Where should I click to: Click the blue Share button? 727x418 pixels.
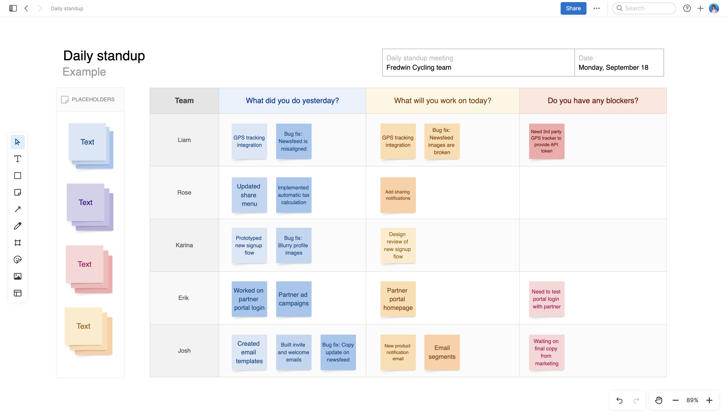tap(573, 8)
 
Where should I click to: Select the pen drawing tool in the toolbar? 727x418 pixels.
tap(17, 226)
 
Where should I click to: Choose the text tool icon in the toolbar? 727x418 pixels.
tap(17, 159)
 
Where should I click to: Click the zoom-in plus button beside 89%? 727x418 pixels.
tap(709, 400)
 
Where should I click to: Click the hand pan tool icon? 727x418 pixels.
tap(659, 400)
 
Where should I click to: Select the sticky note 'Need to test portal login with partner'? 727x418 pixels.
tap(546, 299)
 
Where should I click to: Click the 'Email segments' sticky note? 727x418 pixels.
tap(442, 352)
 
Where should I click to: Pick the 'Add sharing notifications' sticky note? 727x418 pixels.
tap(398, 195)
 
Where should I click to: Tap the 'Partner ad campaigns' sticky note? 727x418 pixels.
tap(293, 299)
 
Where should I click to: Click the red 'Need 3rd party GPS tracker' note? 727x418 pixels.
tap(546, 141)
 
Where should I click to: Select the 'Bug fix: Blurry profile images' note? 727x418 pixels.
tap(293, 246)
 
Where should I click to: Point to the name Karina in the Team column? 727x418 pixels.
tap(184, 245)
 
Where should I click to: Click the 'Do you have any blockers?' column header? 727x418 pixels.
tap(593, 100)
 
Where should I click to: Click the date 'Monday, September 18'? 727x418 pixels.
tap(613, 67)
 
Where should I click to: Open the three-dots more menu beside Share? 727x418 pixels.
tap(597, 8)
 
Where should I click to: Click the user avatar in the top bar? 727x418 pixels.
tap(714, 8)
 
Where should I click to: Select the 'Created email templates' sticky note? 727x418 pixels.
tap(249, 352)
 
